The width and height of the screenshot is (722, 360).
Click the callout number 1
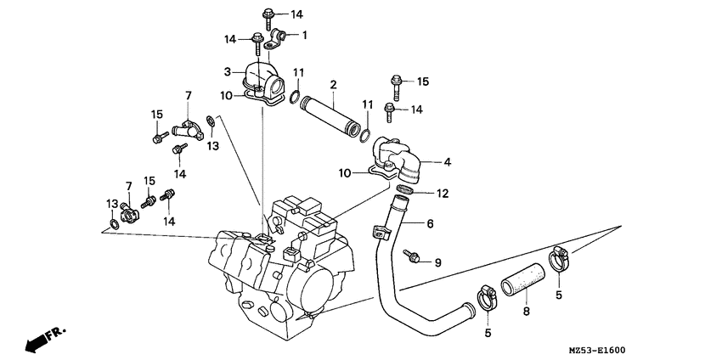[x=305, y=35]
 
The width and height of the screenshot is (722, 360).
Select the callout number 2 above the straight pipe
[x=334, y=84]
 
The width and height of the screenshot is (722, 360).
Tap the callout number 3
[x=228, y=71]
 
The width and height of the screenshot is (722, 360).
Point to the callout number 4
[x=448, y=161]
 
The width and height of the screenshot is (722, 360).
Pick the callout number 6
[x=430, y=224]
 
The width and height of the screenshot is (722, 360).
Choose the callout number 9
[x=438, y=262]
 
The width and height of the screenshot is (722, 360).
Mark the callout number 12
[x=442, y=194]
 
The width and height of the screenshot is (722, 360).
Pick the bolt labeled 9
[x=414, y=254]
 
